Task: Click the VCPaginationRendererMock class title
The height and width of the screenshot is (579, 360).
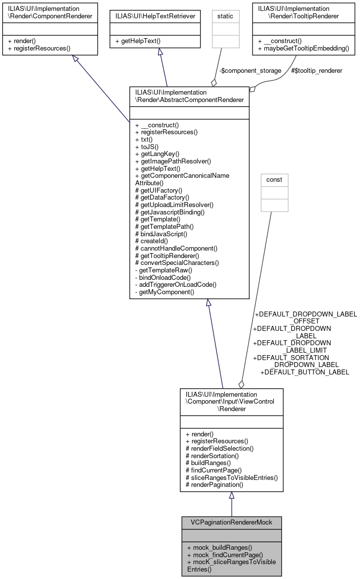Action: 231,523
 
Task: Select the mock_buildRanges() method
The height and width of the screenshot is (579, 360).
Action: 219,547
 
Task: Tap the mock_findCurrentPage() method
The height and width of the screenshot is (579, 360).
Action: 225,555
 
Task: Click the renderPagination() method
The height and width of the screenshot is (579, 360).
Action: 214,485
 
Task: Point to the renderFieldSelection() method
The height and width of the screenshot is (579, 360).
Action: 219,448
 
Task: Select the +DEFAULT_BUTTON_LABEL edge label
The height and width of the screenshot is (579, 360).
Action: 305,372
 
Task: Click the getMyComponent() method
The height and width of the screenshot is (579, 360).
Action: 164,292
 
